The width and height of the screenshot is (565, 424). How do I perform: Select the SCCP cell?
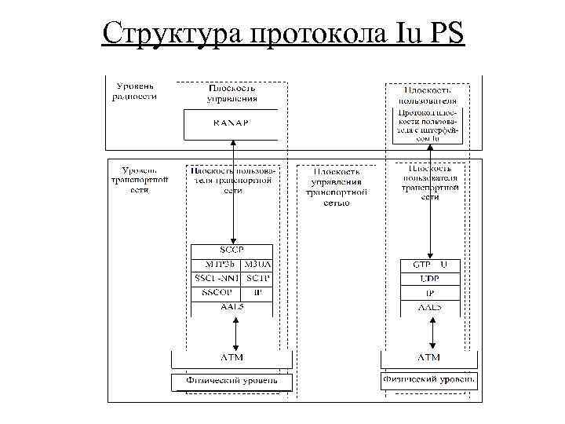(231, 250)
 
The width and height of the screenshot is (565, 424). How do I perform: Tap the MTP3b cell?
(214, 264)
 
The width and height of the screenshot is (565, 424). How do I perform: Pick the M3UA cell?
(257, 264)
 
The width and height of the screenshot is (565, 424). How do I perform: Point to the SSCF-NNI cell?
(214, 278)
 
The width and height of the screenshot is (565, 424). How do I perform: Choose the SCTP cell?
(257, 278)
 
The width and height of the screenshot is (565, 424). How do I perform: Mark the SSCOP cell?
(214, 292)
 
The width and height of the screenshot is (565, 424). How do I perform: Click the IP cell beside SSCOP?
(257, 292)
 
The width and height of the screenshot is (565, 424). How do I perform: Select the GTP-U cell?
(429, 265)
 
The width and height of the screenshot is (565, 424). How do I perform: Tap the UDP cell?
(429, 279)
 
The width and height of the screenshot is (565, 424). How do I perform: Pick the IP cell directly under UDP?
(429, 293)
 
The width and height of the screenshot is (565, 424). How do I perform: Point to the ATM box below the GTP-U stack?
(429, 358)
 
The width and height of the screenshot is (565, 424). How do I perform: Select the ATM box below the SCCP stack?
(231, 358)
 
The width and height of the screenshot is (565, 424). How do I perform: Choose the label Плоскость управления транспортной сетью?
(337, 186)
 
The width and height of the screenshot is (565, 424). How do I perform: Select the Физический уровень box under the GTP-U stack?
(429, 380)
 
